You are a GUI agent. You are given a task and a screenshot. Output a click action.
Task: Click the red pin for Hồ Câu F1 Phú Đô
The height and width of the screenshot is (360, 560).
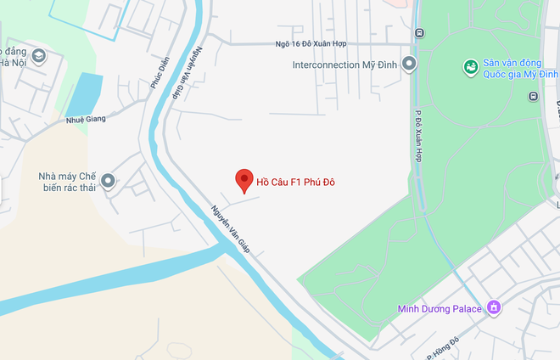(x=244, y=179)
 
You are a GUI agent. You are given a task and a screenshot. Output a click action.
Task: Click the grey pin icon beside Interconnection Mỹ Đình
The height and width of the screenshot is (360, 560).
(x=410, y=64)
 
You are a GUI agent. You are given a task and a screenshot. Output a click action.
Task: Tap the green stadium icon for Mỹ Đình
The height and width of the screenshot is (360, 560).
(x=470, y=66)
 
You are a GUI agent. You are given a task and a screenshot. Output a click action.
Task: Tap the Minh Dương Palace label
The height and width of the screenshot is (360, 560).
(x=440, y=308)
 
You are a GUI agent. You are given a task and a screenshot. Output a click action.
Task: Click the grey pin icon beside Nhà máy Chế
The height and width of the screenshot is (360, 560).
(x=109, y=180)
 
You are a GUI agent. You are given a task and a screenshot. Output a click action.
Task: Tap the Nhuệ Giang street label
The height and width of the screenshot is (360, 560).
(x=86, y=120)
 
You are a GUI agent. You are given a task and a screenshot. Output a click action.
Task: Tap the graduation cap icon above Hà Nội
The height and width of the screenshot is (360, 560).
(x=38, y=57)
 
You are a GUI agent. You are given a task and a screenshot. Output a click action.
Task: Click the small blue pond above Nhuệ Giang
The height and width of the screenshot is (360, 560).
(x=84, y=94)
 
